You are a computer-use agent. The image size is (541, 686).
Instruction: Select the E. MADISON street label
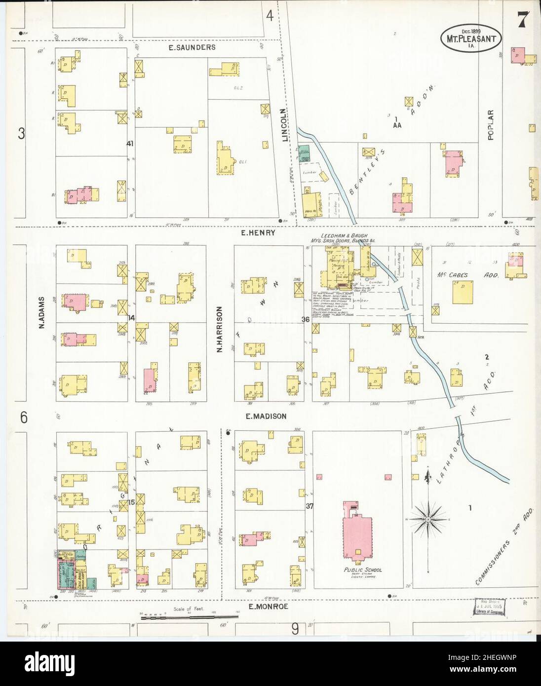click(266, 417)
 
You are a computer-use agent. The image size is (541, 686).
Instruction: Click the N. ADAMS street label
click(43, 312)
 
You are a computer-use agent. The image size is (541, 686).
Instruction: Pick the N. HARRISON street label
click(220, 329)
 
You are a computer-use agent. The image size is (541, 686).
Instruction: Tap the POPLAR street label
click(491, 125)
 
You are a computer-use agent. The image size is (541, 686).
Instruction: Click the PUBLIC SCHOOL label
click(363, 570)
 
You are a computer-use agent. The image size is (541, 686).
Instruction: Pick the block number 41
click(130, 144)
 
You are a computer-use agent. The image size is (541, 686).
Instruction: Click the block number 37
click(309, 506)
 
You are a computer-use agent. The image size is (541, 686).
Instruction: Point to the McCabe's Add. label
click(467, 275)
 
